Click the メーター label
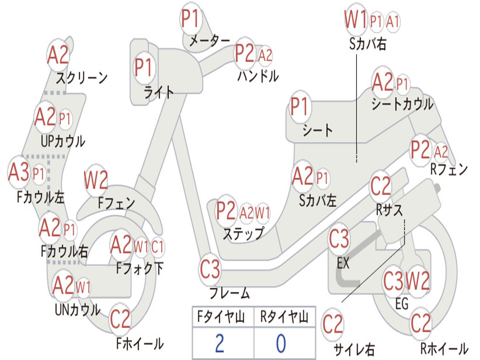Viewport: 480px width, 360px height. pos(210,41)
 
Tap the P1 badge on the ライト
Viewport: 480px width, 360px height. pos(144,67)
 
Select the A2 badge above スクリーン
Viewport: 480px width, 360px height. pos(58,55)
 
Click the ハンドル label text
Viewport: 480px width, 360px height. pos(258,75)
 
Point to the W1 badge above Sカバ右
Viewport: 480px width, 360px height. pos(355,21)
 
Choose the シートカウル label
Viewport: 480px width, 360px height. pos(402,105)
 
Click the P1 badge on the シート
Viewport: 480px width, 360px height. pos(300,107)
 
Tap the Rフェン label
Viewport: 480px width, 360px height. pos(449,170)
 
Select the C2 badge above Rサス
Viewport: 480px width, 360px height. pos(381,186)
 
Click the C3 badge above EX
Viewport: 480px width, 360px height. pos(339,240)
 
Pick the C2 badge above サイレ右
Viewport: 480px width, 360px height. pos(333,324)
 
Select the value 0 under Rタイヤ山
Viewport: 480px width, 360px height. pos(281,344)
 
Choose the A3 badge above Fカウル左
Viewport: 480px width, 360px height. pos(19,172)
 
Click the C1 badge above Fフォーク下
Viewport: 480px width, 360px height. pos(158,246)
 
